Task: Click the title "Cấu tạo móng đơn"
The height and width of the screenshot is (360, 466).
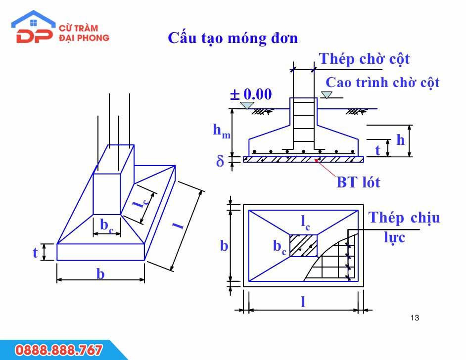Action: tap(233, 38)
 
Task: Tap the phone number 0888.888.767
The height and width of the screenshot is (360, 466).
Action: tap(58, 350)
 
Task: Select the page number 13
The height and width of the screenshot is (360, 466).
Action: tap(415, 318)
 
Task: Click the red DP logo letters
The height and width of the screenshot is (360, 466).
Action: tap(34, 36)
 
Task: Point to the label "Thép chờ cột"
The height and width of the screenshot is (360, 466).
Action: tap(364, 59)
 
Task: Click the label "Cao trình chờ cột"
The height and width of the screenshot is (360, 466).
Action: tap(382, 83)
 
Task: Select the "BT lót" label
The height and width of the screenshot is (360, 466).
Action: tap(358, 182)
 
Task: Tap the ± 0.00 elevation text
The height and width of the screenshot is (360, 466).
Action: tap(251, 94)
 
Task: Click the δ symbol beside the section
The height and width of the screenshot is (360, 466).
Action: tap(220, 161)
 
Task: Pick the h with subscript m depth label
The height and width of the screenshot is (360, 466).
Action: tap(222, 131)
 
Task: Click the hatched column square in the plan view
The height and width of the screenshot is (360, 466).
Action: tap(303, 245)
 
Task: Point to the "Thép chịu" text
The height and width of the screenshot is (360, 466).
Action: tap(404, 218)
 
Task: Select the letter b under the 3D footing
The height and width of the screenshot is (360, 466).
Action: tap(100, 273)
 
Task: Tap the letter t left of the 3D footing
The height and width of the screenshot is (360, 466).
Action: tap(35, 253)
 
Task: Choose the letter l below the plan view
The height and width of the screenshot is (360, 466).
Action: tap(303, 302)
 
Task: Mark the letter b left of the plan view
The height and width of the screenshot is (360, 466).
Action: tap(224, 246)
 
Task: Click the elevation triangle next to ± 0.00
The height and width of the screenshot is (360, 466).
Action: tap(247, 105)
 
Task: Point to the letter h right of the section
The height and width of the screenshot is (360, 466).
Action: tap(401, 139)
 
